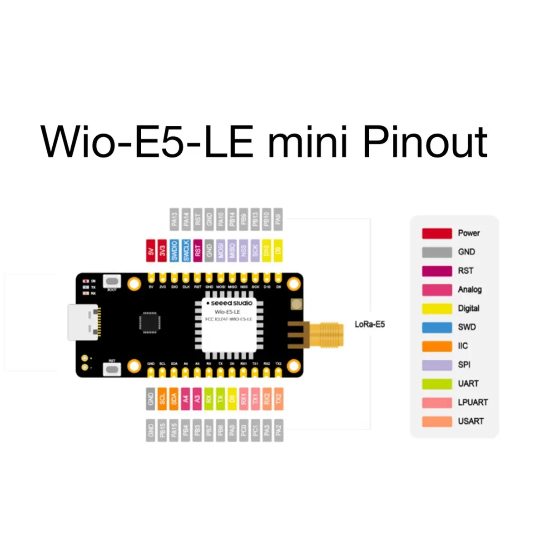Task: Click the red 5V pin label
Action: [x=151, y=251]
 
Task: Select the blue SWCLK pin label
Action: [x=186, y=251]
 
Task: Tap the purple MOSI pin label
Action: [x=221, y=251]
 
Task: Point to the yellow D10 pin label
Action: [x=267, y=251]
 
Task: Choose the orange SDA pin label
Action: [x=174, y=399]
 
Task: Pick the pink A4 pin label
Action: [x=185, y=399]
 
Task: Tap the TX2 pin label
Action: [x=278, y=399]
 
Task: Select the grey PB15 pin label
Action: [x=163, y=430]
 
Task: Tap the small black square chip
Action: [x=150, y=322]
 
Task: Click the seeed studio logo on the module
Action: [x=229, y=303]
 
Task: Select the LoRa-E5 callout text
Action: [x=370, y=324]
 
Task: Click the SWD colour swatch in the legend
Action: [x=437, y=327]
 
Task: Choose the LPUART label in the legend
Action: [x=473, y=402]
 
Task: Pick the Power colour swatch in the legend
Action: [x=437, y=233]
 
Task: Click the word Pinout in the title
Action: [x=425, y=142]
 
